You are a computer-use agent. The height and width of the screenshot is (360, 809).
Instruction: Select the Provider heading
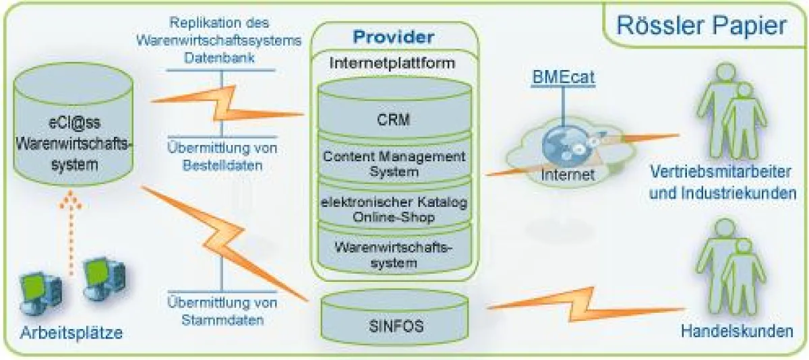click(394, 37)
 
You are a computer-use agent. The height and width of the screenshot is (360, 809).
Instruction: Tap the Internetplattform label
click(393, 62)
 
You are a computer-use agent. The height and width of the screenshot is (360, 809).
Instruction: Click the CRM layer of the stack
click(394, 120)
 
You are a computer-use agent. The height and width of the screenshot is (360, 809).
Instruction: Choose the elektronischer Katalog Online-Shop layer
click(394, 208)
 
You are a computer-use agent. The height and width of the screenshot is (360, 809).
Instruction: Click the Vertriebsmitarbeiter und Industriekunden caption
click(721, 184)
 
